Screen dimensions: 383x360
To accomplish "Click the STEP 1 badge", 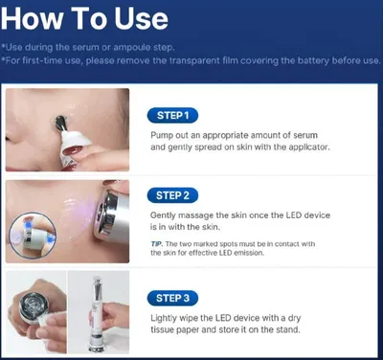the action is [x=172, y=115].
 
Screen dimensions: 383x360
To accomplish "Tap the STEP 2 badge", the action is [x=172, y=195].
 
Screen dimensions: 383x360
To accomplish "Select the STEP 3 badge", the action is [x=172, y=298].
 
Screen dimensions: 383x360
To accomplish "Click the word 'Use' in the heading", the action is [x=142, y=18].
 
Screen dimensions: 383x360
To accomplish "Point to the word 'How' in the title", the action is [x=32, y=18].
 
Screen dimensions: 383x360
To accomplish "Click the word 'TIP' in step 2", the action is [x=157, y=244].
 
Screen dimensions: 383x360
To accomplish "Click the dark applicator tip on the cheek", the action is [x=60, y=123].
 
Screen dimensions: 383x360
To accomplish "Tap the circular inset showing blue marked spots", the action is [x=33, y=236].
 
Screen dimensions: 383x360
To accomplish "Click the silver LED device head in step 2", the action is [x=108, y=214].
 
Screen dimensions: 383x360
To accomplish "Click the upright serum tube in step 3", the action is [x=97, y=315].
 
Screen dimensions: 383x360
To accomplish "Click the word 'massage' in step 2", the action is [x=195, y=215].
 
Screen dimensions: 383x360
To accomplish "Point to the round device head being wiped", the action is [x=33, y=304].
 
